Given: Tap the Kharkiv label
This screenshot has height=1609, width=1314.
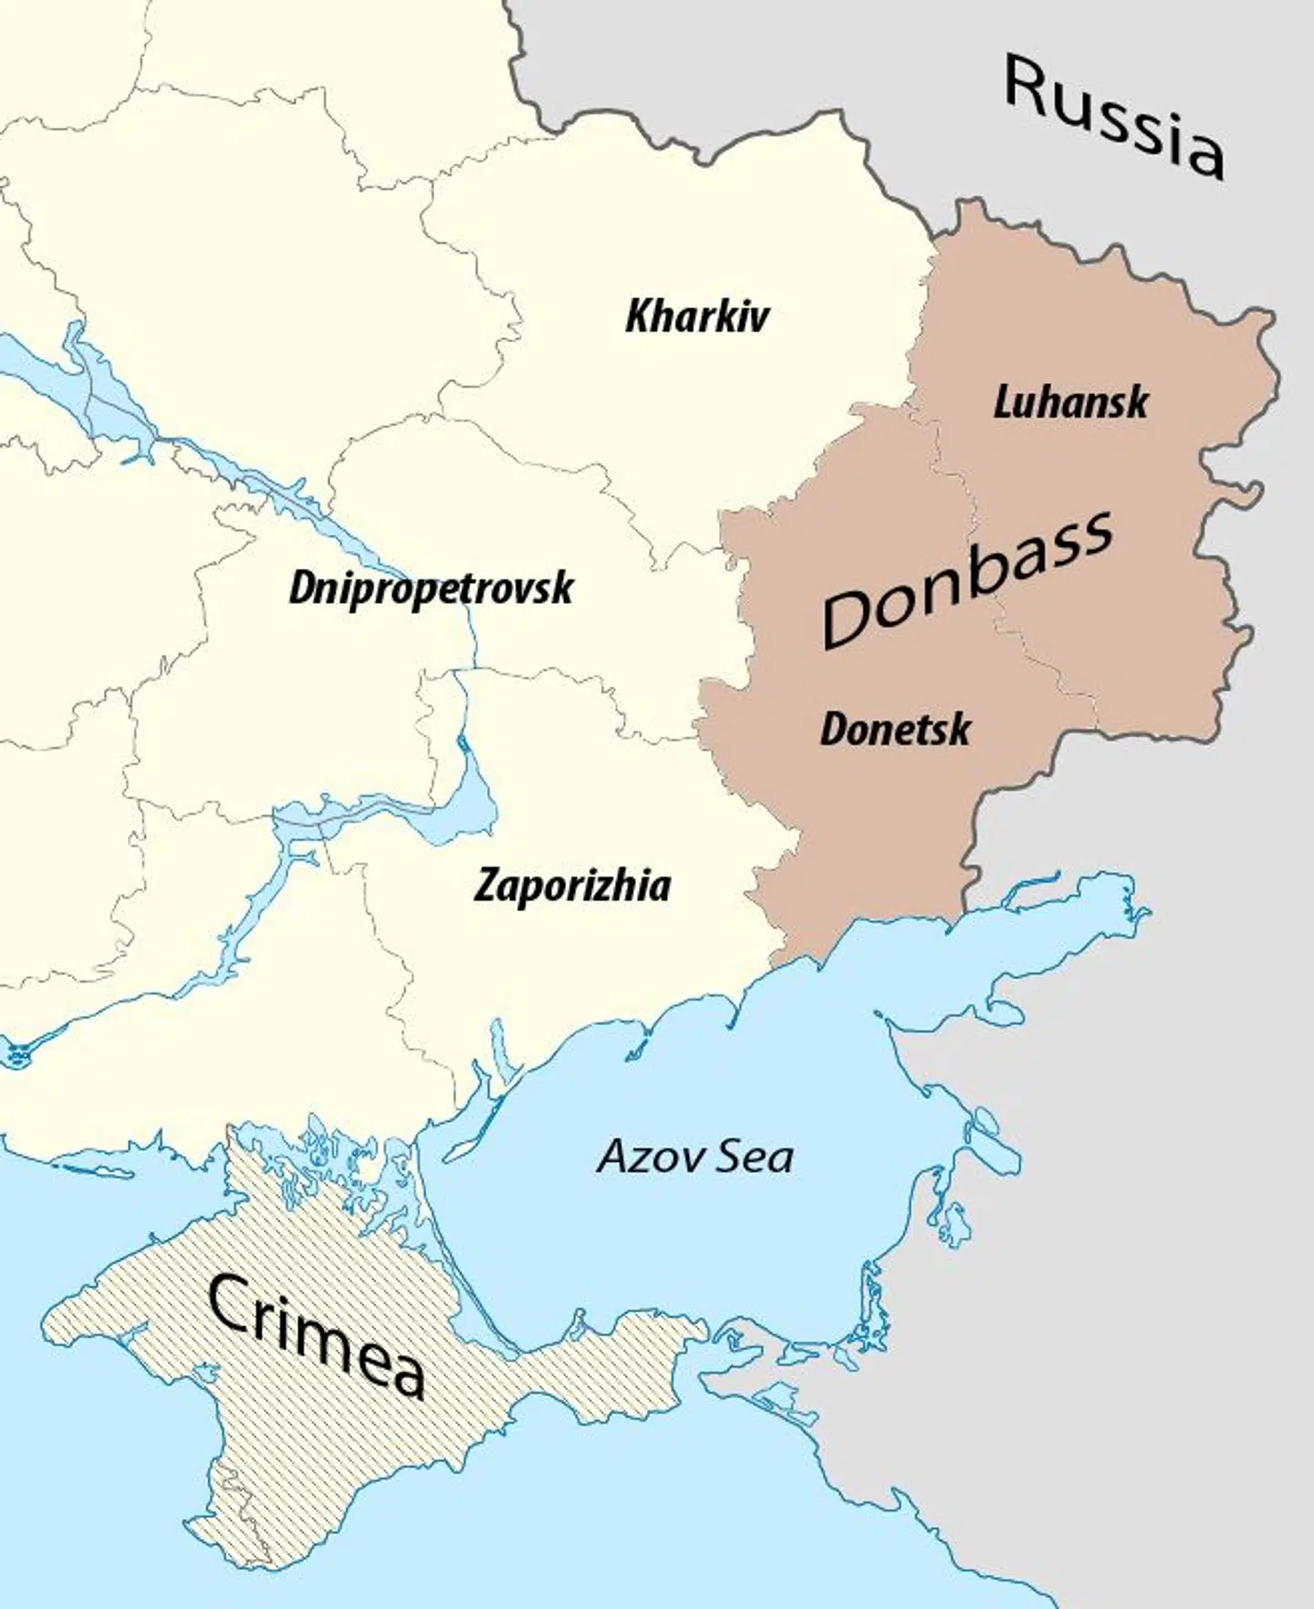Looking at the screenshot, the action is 697,317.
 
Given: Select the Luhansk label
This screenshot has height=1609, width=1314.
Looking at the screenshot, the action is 1070,403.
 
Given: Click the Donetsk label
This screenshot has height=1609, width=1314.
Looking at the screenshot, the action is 895,729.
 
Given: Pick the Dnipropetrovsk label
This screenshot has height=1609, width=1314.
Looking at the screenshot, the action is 431,587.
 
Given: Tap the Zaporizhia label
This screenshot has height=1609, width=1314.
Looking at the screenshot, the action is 572,886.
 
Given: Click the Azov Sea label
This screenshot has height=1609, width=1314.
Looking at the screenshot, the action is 695,1157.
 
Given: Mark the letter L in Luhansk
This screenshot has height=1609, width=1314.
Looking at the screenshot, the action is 1003,403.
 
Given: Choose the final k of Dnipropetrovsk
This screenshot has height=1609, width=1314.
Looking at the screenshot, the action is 564,587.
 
